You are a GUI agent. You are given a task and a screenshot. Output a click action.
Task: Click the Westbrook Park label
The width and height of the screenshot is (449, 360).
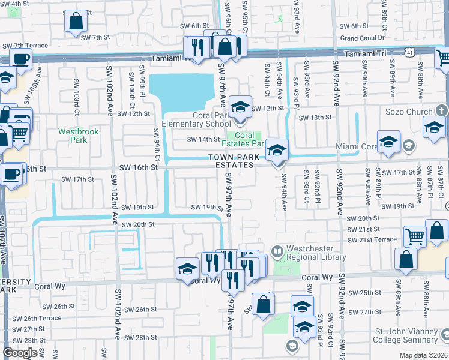point(73,136)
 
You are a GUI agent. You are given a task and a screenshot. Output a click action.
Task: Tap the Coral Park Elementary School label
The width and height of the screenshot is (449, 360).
point(202,120)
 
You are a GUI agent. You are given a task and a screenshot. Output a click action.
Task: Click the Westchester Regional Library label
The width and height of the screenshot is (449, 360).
point(316,253)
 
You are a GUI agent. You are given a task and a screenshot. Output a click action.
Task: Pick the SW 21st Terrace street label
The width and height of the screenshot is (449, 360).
point(372,239)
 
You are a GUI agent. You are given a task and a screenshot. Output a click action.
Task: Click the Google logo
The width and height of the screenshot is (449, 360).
point(20,353)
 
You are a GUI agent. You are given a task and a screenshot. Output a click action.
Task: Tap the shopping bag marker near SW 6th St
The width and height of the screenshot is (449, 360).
point(77,21)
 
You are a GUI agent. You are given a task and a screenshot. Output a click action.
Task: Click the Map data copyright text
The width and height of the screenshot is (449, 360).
point(423,355)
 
